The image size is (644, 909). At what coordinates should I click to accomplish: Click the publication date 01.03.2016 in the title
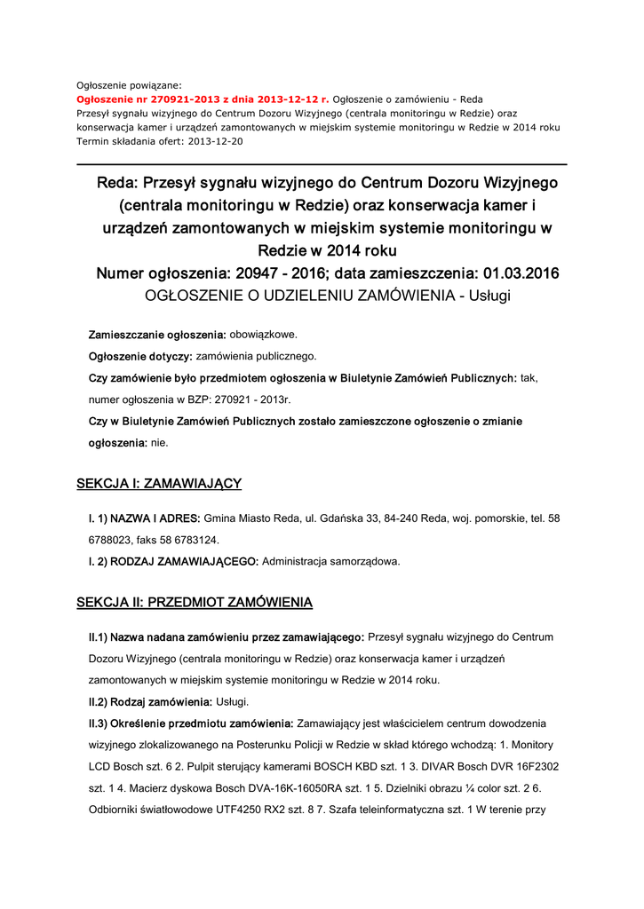521,273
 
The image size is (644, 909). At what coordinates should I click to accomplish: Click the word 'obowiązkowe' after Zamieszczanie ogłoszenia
263,335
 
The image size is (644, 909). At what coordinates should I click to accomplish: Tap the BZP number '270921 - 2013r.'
239,399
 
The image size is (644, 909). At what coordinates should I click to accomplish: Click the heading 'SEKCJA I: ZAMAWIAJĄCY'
159,484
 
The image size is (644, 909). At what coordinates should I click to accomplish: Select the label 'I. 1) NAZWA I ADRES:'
145,518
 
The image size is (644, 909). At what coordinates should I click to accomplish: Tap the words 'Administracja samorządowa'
331,561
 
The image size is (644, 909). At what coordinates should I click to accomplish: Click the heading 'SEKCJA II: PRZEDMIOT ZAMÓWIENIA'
195,603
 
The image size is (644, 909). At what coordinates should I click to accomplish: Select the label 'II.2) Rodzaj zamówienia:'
151,701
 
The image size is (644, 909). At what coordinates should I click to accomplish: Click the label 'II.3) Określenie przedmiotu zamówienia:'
190,723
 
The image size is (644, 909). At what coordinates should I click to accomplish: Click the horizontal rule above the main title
322,164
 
